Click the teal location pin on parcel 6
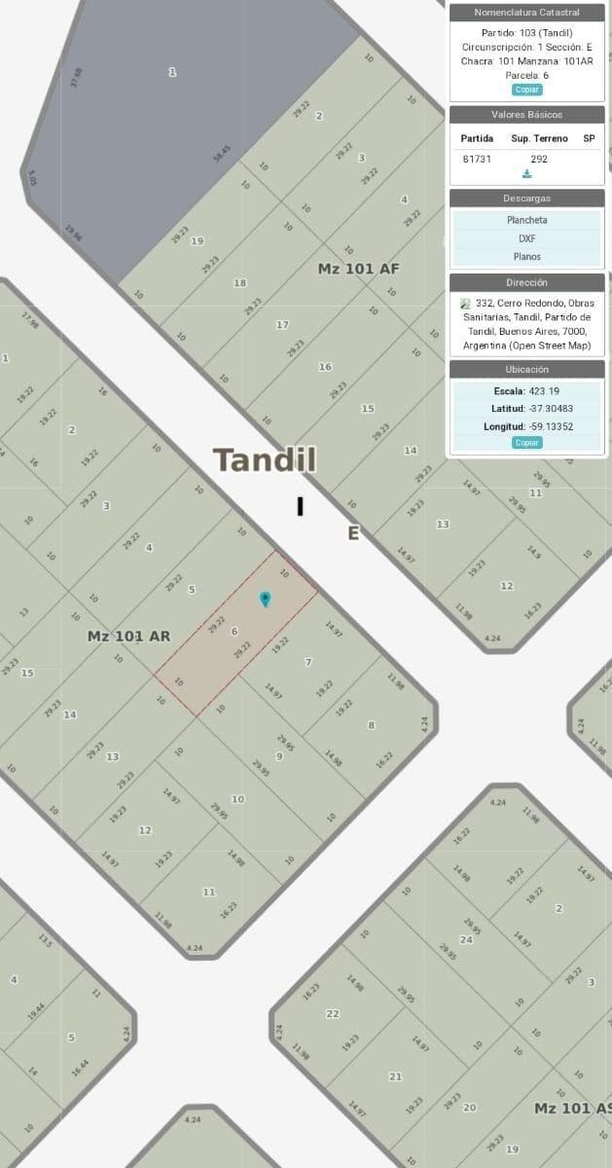265,599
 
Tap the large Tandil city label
265,459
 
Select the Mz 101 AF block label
358,268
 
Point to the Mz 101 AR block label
128,637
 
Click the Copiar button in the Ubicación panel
526,443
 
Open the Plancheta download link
526,220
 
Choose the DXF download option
526,238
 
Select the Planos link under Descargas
526,257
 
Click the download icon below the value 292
526,174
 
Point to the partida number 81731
477,159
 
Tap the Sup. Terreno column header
539,138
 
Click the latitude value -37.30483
551,409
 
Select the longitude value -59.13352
551,426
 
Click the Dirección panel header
526,282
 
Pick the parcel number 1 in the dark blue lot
172,72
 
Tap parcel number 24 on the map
466,939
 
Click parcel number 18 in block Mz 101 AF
239,283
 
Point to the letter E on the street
353,533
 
